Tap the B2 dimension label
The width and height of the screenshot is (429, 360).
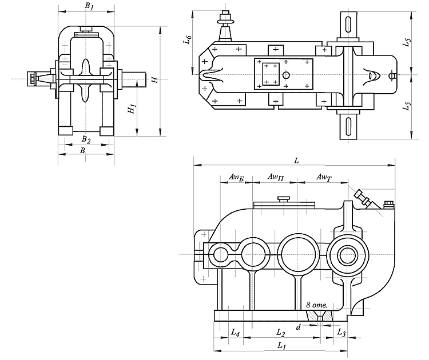(x=85, y=139)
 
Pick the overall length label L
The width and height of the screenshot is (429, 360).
(x=296, y=161)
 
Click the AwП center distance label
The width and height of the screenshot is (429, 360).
(x=275, y=178)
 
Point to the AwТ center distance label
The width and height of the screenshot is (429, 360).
(x=323, y=178)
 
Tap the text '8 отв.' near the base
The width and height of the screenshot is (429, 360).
(x=316, y=306)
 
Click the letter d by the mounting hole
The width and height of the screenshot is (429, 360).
(x=299, y=327)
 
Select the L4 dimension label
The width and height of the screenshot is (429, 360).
(x=235, y=332)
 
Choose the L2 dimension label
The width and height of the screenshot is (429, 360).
(x=280, y=332)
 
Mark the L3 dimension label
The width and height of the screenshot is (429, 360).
(x=341, y=332)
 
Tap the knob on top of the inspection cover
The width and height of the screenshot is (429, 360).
(x=284, y=198)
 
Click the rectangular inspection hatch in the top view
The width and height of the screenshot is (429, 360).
(x=269, y=75)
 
